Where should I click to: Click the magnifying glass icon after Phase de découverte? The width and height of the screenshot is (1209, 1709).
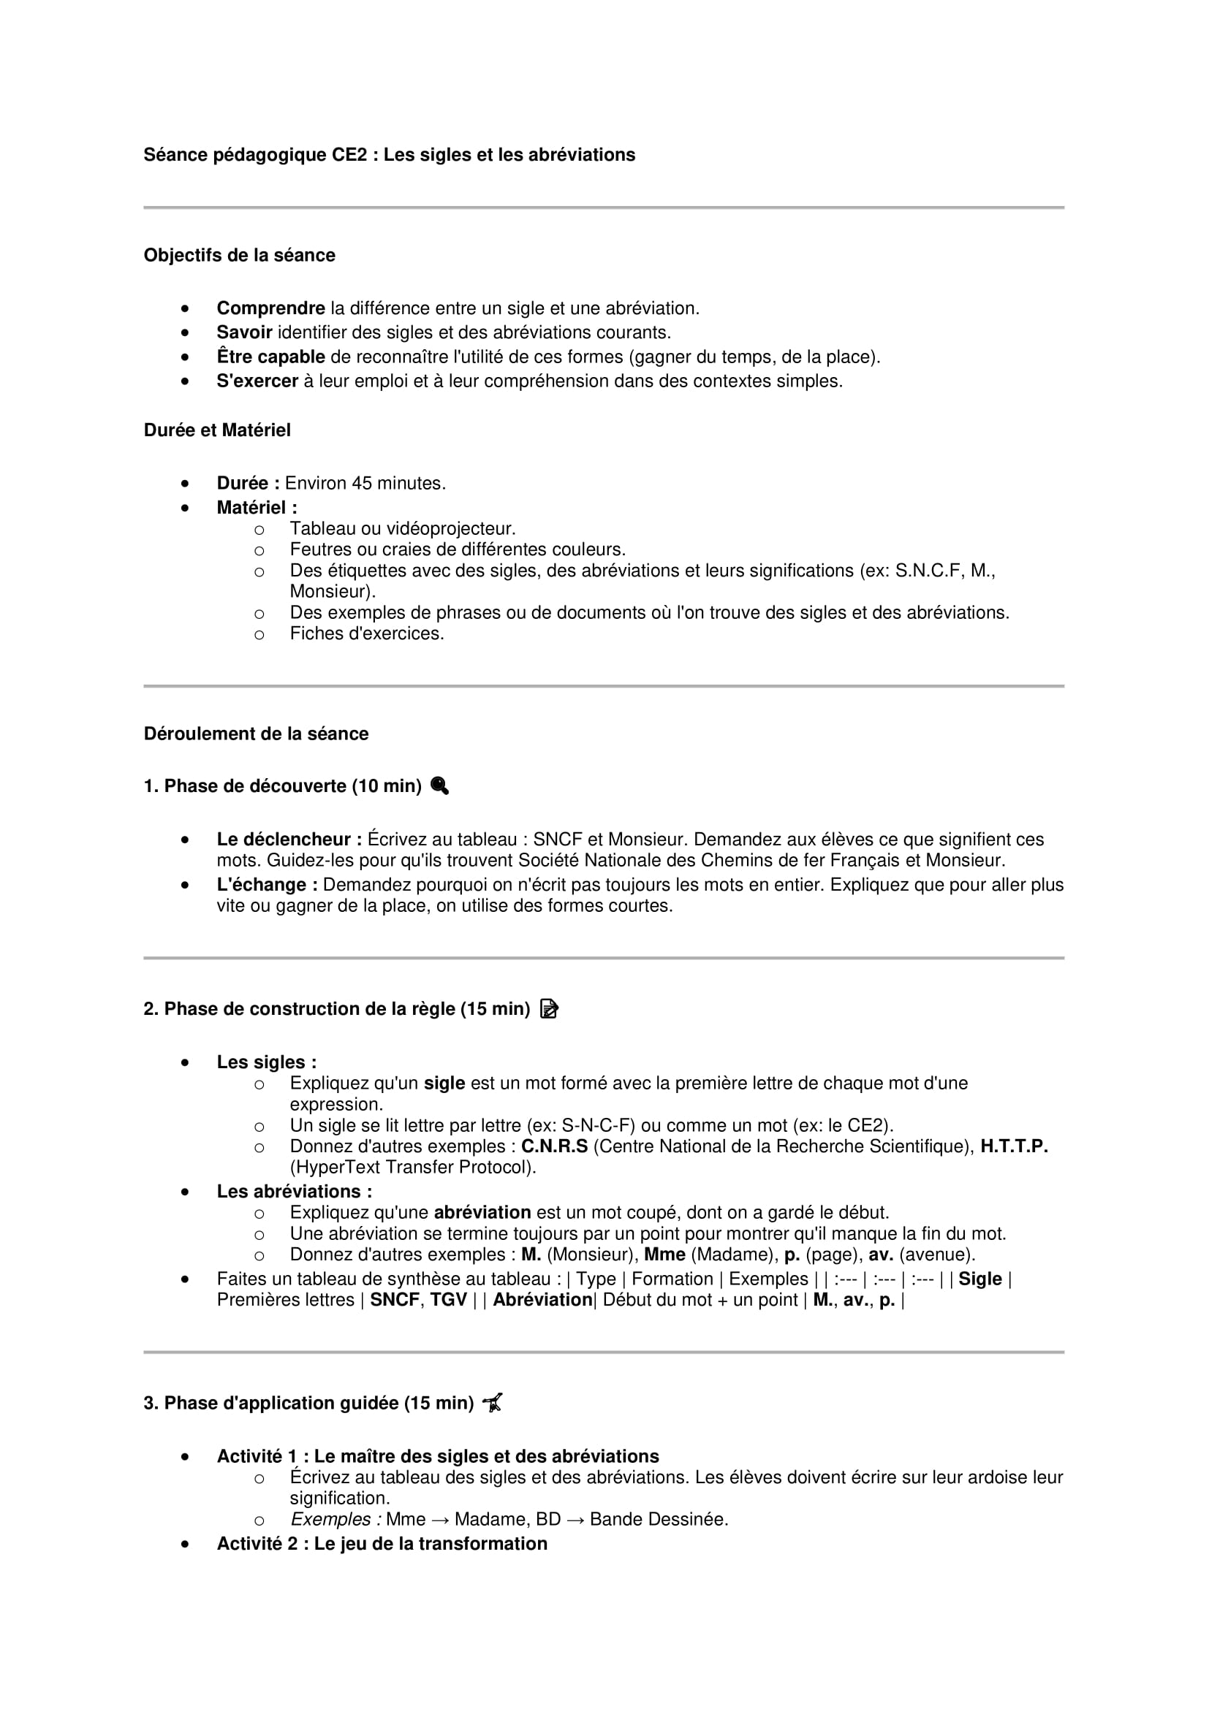pyautogui.click(x=439, y=786)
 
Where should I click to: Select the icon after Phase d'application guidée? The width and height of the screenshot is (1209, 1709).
pyautogui.click(x=492, y=1403)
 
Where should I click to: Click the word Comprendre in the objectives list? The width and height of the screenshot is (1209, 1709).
pyautogui.click(x=270, y=308)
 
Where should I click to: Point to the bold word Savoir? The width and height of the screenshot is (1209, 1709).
pyautogui.click(x=244, y=332)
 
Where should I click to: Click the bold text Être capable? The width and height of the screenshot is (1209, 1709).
pyautogui.click(x=270, y=357)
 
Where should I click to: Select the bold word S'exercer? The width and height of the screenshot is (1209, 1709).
pyautogui.click(x=257, y=381)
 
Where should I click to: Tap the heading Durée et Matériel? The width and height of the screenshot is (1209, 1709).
pyautogui.click(x=216, y=430)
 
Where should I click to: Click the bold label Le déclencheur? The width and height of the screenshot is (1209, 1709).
pyautogui.click(x=289, y=840)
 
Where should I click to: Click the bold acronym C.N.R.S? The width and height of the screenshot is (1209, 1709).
pyautogui.click(x=554, y=1146)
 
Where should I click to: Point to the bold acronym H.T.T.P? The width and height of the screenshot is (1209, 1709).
pyautogui.click(x=1014, y=1146)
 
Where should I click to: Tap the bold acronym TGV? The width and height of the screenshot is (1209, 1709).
pyautogui.click(x=448, y=1300)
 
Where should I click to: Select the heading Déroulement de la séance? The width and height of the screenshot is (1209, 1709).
pyautogui.click(x=256, y=734)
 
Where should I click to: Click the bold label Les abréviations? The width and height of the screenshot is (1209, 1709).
pyautogui.click(x=294, y=1191)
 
